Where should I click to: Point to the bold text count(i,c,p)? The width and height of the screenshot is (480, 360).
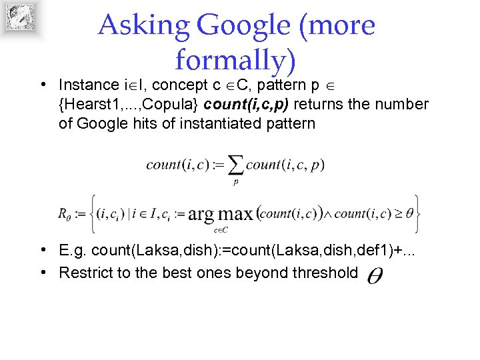[x=248, y=105]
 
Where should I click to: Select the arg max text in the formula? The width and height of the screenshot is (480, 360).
[x=221, y=214]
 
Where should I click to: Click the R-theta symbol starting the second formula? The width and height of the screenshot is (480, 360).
[x=65, y=215]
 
